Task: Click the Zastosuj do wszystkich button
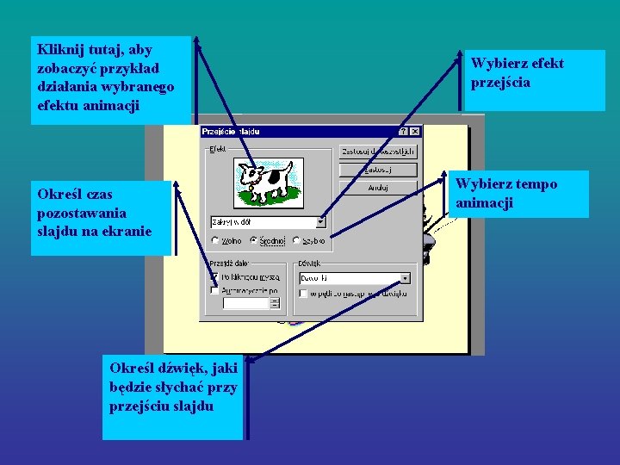pos(378,151)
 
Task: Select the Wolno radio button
pos(215,241)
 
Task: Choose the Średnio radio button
pos(254,241)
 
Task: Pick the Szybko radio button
pos(296,241)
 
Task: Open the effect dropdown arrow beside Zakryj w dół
pos(321,221)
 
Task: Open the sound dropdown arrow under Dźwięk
pos(406,278)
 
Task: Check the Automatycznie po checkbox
pos(214,291)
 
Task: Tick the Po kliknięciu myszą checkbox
pos(214,277)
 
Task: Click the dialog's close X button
pos(415,132)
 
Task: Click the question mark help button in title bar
pos(404,132)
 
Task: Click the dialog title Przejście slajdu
pos(231,132)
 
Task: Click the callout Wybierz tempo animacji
pos(519,194)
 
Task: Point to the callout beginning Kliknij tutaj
pos(110,79)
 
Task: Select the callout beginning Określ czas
pos(102,217)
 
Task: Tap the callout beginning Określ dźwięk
pos(172,396)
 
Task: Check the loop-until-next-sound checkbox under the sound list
pos(303,293)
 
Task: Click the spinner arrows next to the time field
pos(275,303)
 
